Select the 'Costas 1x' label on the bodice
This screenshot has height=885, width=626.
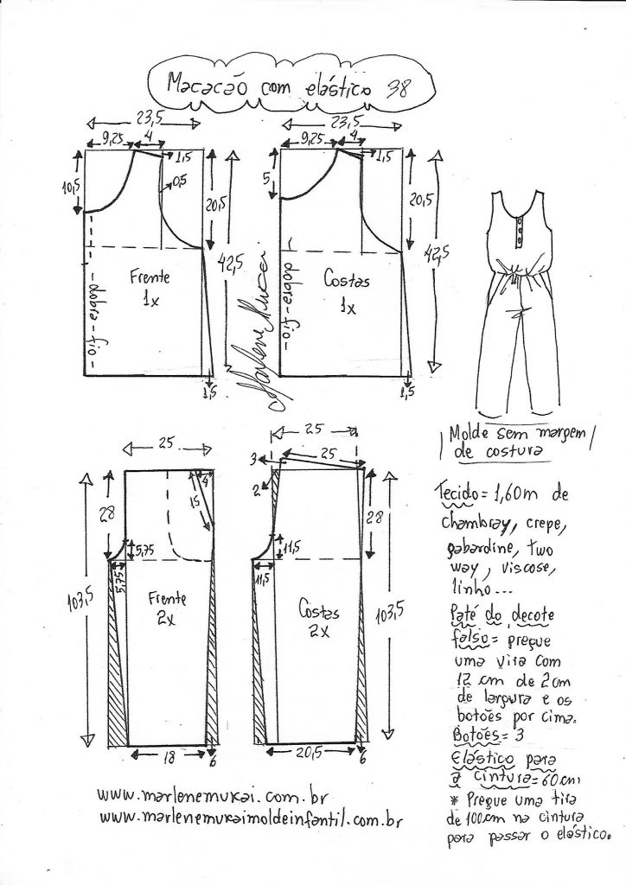(x=347, y=291)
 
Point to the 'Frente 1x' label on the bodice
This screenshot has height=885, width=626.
(x=150, y=289)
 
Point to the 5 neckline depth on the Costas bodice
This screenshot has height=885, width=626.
(x=269, y=179)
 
